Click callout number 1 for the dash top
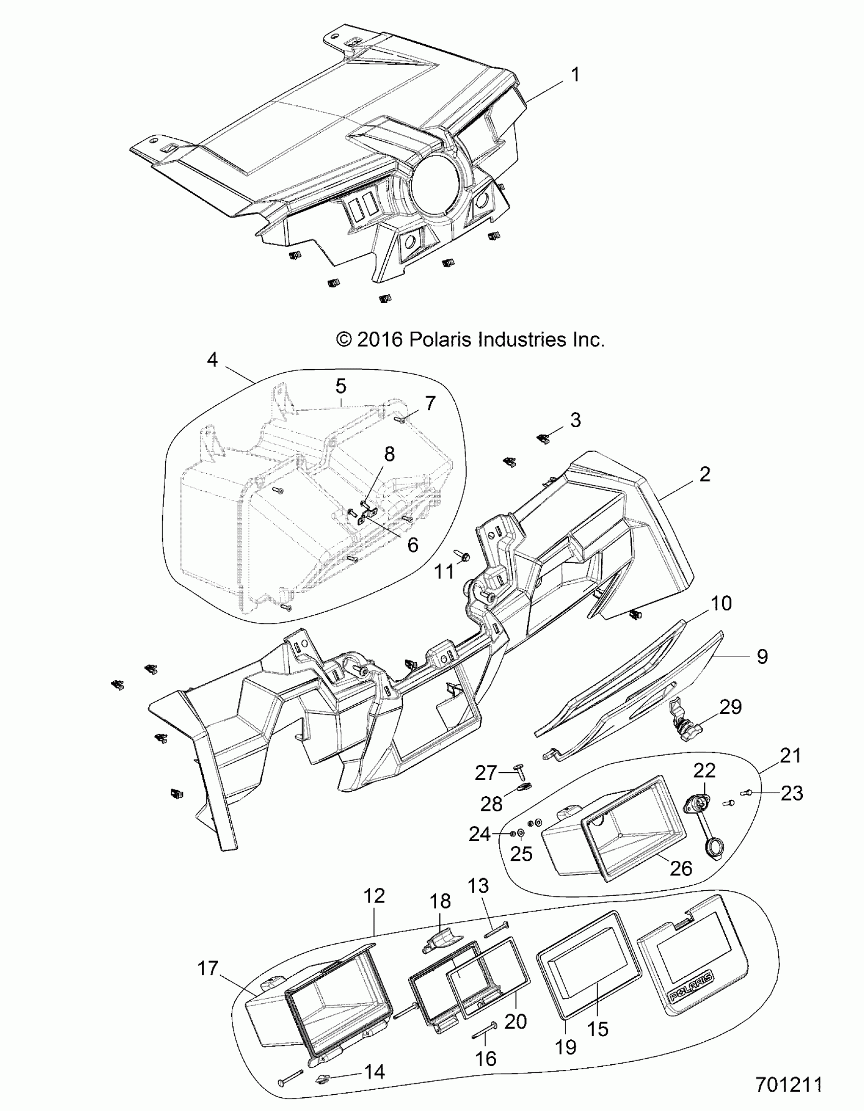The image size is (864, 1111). coord(575,75)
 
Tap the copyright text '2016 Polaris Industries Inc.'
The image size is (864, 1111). coord(471,340)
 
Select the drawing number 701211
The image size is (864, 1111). coord(789,1085)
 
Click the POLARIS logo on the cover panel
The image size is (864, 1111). coord(690,987)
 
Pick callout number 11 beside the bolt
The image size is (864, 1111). coord(444,572)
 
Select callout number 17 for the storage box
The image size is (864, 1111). coord(207,968)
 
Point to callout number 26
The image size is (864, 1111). coord(681,868)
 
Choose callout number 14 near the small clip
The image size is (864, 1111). coord(374,1072)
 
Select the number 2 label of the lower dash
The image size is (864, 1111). coord(704,474)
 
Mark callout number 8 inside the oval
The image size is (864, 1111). coord(389,454)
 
